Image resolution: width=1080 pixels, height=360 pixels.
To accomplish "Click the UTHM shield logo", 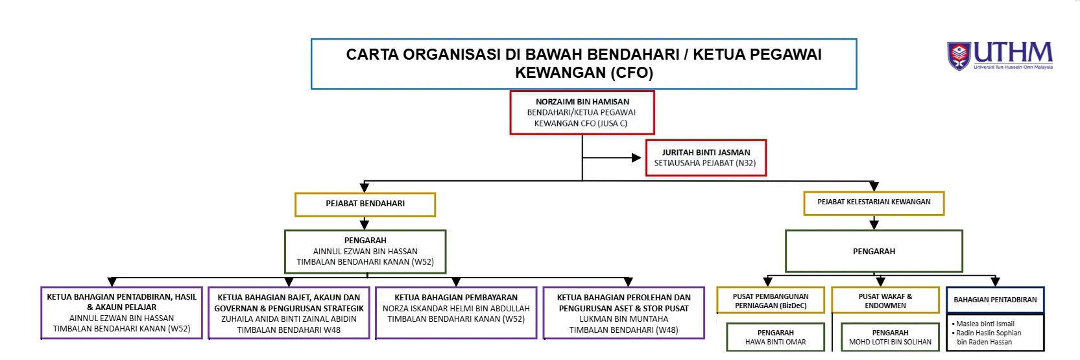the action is point(959,56).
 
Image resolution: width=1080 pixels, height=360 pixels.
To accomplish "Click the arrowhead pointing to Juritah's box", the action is point(636,158).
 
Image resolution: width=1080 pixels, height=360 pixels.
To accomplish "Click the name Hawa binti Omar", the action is point(775,342).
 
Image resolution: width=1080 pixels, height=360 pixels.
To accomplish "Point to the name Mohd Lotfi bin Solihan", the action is point(890,342).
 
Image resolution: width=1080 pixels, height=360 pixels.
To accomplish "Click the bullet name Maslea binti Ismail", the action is point(985,324).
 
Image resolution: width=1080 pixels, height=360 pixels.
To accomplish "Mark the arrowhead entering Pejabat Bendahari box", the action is point(365,187).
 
